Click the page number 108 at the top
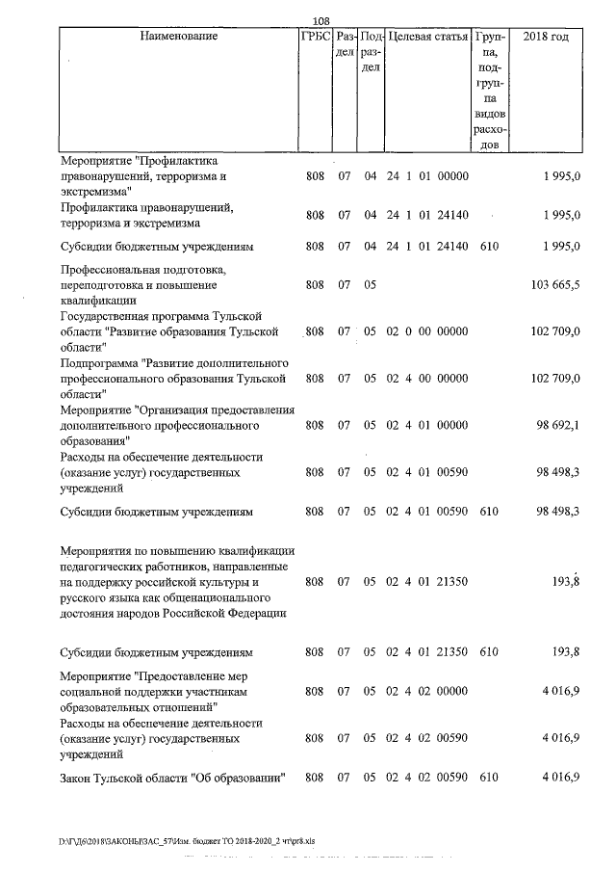pyautogui.click(x=322, y=20)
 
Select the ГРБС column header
pyautogui.click(x=316, y=37)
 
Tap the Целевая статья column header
pyautogui.click(x=427, y=37)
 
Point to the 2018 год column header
pyautogui.click(x=545, y=37)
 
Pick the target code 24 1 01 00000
pyautogui.click(x=427, y=175)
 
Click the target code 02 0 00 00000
pyautogui.click(x=427, y=331)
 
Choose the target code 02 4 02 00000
pyautogui.click(x=427, y=692)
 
